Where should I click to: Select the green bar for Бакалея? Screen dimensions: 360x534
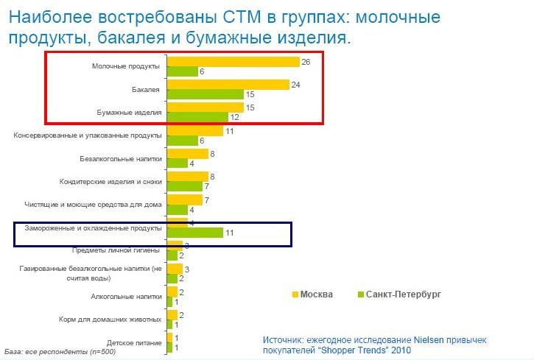pyautogui.click(x=205, y=94)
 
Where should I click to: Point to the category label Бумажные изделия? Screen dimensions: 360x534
pyautogui.click(x=129, y=112)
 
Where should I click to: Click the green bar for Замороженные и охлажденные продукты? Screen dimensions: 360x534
pyautogui.click(x=195, y=233)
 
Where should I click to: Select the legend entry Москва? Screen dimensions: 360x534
pyautogui.click(x=313, y=294)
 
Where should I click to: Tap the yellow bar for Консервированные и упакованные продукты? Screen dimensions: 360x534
pyautogui.click(x=195, y=131)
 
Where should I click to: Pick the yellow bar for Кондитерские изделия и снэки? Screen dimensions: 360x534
pyautogui.click(x=187, y=177)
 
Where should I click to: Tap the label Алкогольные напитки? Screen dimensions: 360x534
pyautogui.click(x=126, y=297)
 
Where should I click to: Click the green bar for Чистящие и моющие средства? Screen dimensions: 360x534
pyautogui.click(x=177, y=210)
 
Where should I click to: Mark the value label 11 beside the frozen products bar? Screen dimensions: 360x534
pyautogui.click(x=230, y=233)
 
